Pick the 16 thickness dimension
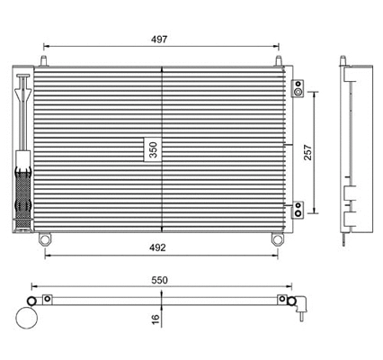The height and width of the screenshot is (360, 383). click(155, 317)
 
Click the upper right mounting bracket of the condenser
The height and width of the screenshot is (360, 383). click(298, 89)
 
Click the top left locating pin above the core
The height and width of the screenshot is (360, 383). click(43, 60)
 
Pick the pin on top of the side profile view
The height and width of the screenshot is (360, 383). click(344, 61)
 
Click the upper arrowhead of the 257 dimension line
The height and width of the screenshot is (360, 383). click(315, 94)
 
